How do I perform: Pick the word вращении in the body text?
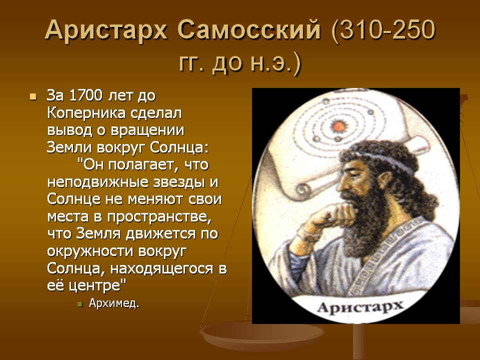coord(147,130)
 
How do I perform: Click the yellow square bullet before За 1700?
coord(33,96)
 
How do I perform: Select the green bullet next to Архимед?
coord(80,304)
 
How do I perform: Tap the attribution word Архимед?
coord(114,303)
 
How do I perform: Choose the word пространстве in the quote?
coord(159,217)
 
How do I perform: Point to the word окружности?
coord(90,251)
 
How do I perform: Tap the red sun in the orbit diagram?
coord(338,126)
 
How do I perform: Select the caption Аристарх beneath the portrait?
coord(360,306)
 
